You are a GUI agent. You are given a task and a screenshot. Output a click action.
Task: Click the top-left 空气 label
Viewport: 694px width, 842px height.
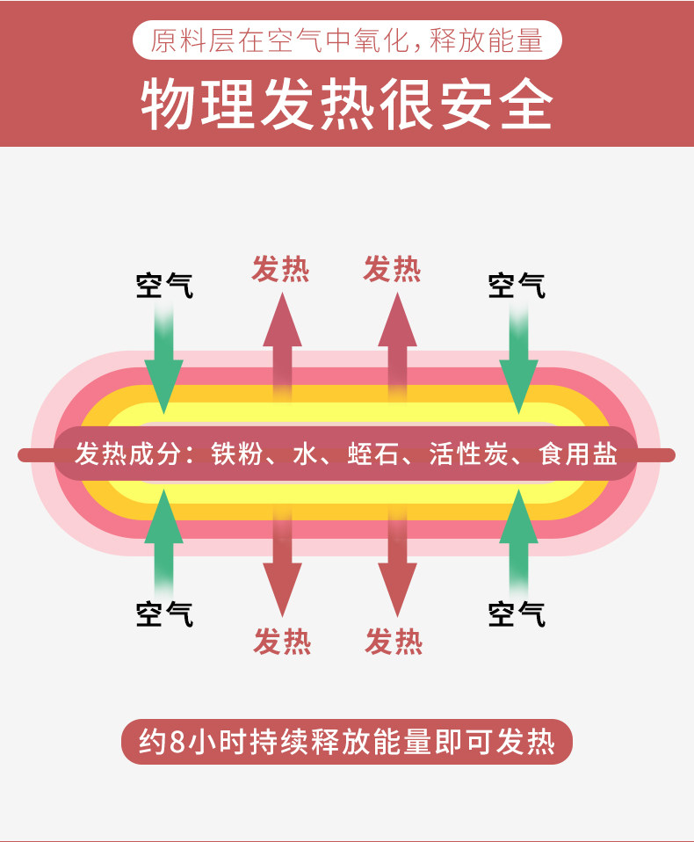coord(164,286)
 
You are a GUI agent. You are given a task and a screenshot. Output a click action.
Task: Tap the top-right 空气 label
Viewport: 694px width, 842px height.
coord(517,286)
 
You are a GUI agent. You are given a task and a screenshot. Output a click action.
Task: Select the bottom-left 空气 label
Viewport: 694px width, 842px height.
coord(164,613)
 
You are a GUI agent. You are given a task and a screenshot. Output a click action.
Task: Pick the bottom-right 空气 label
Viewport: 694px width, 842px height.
coord(517,613)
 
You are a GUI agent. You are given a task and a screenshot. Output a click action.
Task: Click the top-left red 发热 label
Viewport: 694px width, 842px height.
coord(281,269)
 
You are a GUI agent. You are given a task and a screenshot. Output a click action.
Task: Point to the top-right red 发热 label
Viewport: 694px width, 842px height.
coord(393,269)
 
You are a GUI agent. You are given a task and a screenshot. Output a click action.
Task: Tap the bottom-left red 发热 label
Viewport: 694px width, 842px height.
coord(282,642)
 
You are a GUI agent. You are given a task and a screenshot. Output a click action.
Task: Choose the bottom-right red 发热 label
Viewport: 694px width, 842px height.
coord(394,642)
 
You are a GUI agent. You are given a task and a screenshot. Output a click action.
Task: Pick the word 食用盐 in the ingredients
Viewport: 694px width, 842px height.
coord(579,454)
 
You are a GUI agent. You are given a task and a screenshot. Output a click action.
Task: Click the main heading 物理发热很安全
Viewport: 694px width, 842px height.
coord(347,105)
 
